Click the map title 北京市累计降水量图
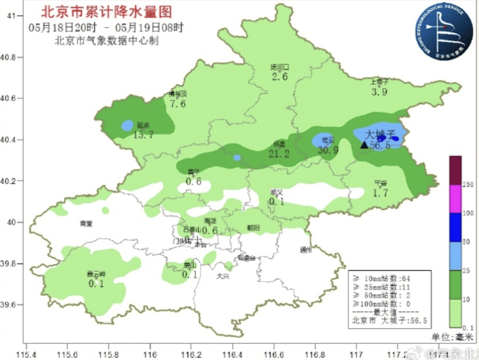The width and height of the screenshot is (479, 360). [x=106, y=12]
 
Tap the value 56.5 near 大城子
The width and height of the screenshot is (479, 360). [x=380, y=145]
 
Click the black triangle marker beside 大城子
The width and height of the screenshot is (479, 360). [x=364, y=145]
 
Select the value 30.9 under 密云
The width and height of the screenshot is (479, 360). [x=328, y=150]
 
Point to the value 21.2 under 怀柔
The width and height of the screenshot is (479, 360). [x=279, y=154]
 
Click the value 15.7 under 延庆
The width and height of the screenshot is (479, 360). [x=143, y=135]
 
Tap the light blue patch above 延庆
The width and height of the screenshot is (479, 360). [x=127, y=125]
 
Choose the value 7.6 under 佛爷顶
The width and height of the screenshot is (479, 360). [x=177, y=103]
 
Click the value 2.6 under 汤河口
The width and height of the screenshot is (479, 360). [x=279, y=76]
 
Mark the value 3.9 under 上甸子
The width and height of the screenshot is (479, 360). [x=380, y=91]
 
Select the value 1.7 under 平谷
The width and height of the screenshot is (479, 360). [x=381, y=193]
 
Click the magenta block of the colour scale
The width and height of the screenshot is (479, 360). [x=455, y=198]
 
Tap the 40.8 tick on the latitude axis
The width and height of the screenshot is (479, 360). [x=16, y=58]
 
